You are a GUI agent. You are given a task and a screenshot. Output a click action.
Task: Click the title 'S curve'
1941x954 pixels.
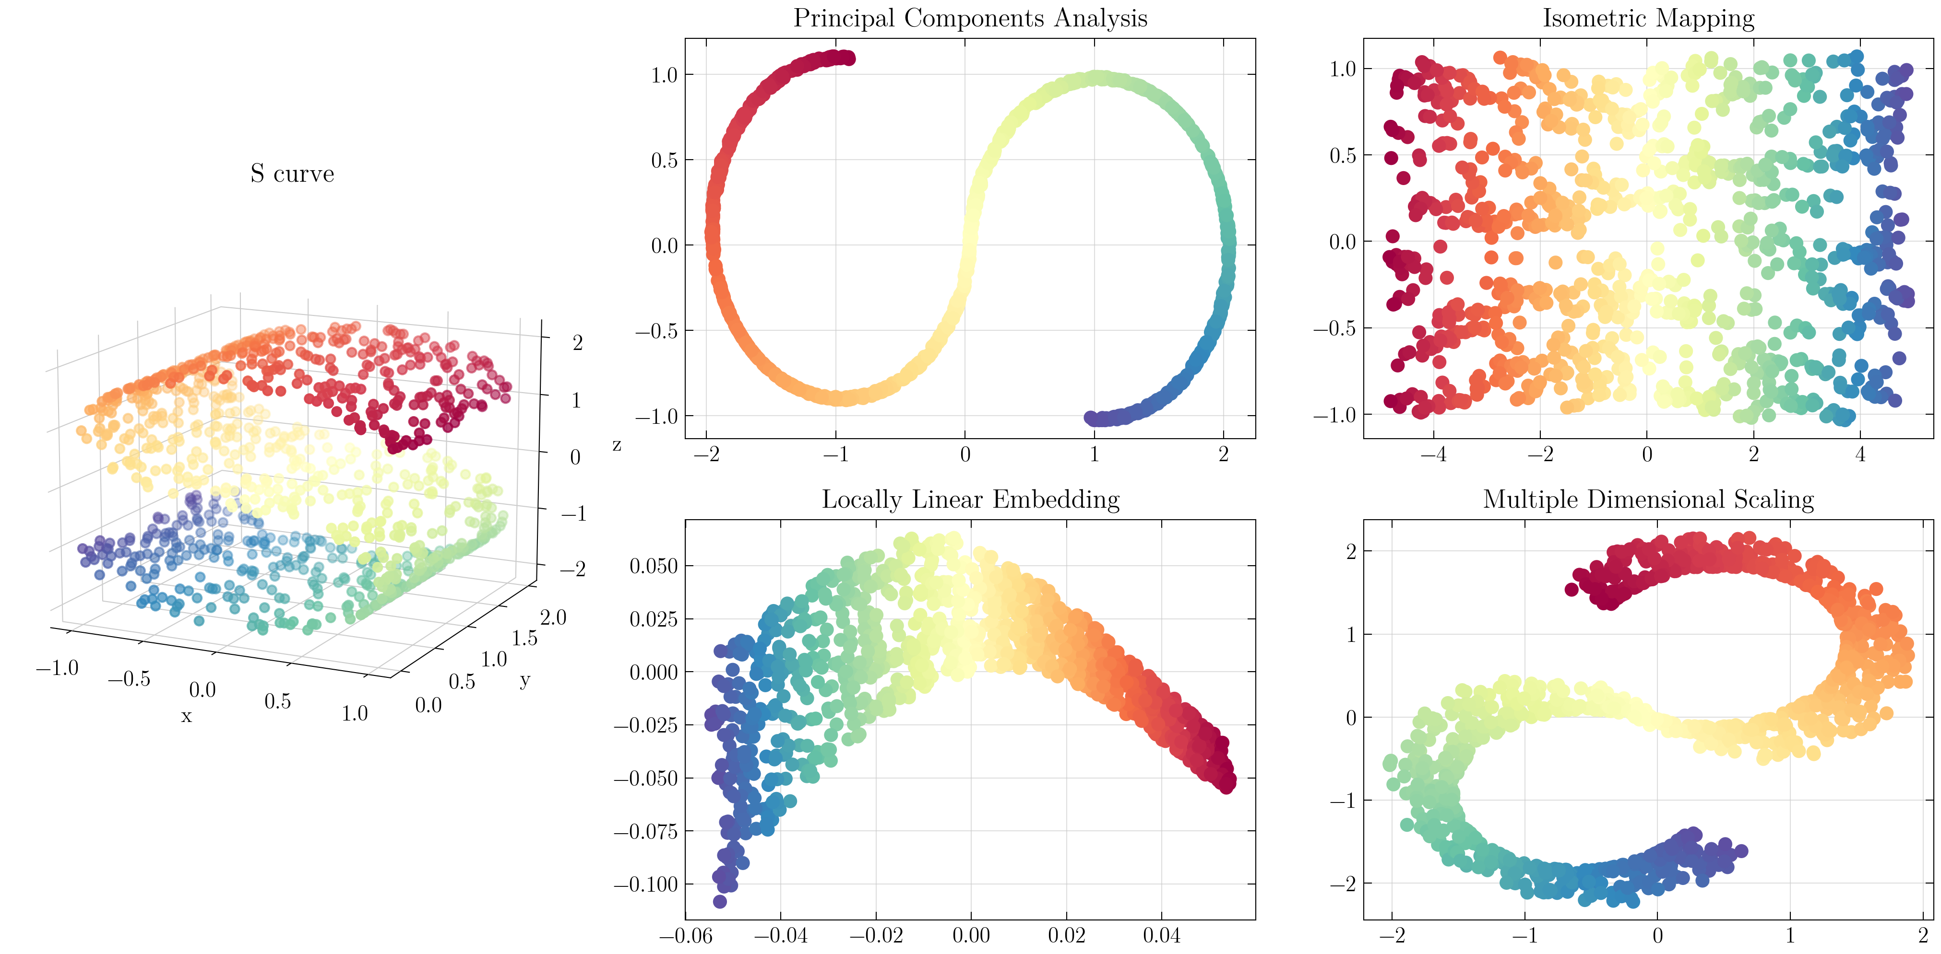pyautogui.click(x=292, y=174)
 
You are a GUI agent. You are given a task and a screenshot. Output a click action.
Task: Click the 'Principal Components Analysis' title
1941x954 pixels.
pyautogui.click(x=970, y=18)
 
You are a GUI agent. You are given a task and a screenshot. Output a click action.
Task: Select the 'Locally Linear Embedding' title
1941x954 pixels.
pyautogui.click(x=970, y=499)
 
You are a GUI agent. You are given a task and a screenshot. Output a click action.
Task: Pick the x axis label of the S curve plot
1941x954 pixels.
pyautogui.click(x=186, y=716)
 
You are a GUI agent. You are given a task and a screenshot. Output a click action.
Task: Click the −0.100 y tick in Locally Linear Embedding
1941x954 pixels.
pyautogui.click(x=646, y=885)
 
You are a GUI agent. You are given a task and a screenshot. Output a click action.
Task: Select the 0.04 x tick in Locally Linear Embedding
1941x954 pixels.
pyautogui.click(x=1161, y=936)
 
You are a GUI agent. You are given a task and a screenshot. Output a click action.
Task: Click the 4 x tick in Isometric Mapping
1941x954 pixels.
pyautogui.click(x=1860, y=455)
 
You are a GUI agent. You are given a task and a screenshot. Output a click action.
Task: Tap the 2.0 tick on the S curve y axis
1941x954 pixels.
pyautogui.click(x=553, y=617)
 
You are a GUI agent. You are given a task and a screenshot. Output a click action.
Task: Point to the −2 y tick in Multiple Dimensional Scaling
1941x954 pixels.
pyautogui.click(x=1342, y=883)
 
